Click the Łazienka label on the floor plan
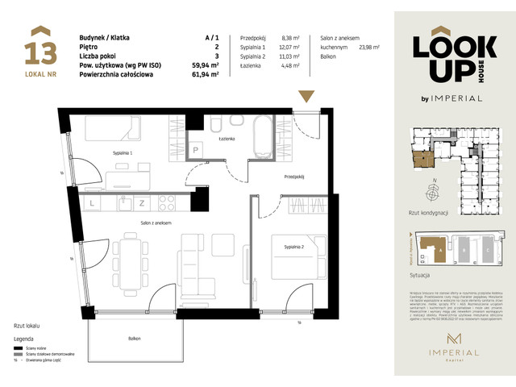coord(225,139)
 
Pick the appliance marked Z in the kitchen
coord(141,202)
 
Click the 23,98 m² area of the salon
coord(369,47)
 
